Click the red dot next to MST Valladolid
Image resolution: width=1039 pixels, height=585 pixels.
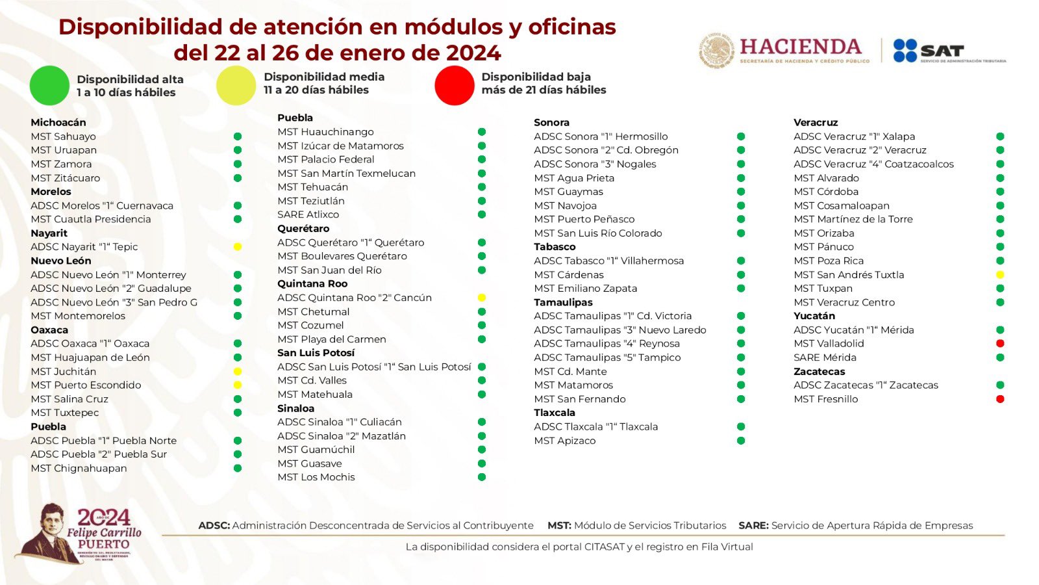coord(1000,343)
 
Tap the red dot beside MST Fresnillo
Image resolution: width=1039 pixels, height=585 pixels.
coord(1000,399)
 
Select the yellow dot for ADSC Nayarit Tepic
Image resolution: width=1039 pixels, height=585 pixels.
coord(238,247)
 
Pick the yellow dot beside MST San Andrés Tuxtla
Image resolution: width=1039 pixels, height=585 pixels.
coord(1000,275)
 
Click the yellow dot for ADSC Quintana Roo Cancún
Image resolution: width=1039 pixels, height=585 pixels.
coord(482,298)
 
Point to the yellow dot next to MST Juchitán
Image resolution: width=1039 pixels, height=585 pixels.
coord(238,371)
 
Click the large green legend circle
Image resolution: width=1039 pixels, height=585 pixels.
coord(49,85)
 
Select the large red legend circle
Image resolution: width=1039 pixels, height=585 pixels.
coord(455,85)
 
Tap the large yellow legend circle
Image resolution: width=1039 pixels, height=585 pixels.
coord(236,85)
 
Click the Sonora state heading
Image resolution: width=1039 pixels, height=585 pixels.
coord(551,122)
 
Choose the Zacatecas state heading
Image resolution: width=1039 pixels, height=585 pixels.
coord(819,371)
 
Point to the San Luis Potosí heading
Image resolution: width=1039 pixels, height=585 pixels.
coord(316,353)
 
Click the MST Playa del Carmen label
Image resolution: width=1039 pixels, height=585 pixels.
coord(331,339)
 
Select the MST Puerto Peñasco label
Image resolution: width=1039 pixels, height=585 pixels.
coord(584,219)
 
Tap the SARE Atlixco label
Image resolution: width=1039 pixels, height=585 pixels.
coord(308,214)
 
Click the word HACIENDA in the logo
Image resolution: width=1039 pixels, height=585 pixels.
coord(800,47)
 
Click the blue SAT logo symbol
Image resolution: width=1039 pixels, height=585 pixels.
coord(905,51)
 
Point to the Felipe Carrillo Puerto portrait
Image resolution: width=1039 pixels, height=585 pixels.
coord(47,530)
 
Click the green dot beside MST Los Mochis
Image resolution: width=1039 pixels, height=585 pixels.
coord(482,477)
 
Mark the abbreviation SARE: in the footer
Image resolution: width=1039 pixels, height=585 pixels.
coord(753,525)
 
